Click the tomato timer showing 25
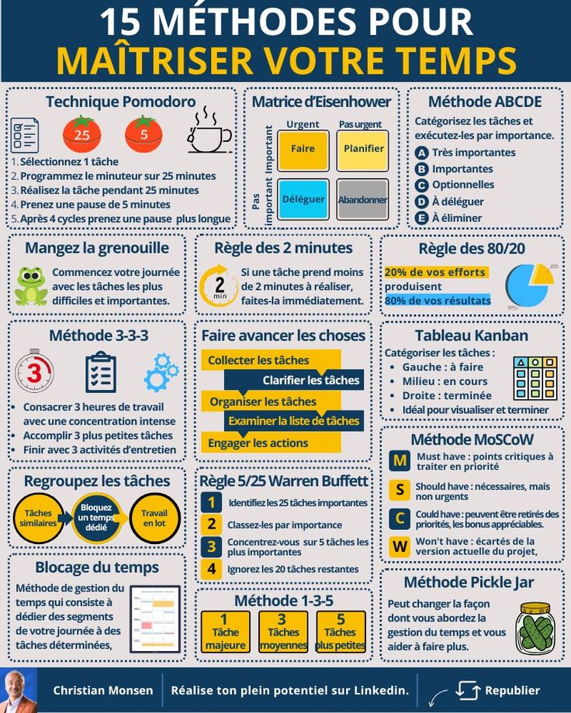click(x=81, y=133)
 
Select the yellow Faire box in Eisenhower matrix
click(x=303, y=150)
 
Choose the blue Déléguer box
click(x=303, y=199)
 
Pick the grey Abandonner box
click(x=362, y=199)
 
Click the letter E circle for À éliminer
click(x=421, y=218)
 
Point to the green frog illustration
click(x=31, y=286)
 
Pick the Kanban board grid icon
click(x=535, y=378)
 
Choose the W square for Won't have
click(x=400, y=546)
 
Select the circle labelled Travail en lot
click(x=154, y=518)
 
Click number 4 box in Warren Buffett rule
click(x=210, y=569)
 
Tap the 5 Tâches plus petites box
click(x=340, y=632)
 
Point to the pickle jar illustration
click(x=535, y=628)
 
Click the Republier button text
click(x=512, y=690)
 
